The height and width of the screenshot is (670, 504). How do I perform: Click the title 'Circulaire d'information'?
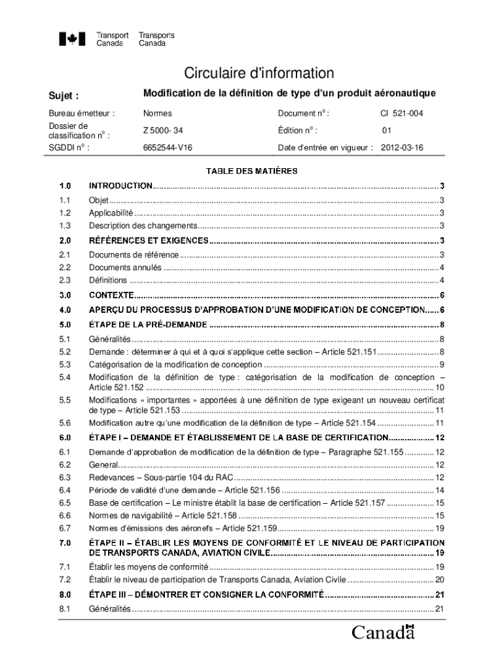(258, 73)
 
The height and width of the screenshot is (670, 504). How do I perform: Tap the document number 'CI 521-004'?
(402, 114)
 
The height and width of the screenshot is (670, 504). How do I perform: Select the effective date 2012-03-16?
(402, 148)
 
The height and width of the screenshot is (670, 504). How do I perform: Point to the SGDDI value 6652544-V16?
(168, 148)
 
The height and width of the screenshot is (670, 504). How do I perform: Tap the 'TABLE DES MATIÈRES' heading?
(252, 171)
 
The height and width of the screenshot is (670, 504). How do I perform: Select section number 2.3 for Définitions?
(64, 280)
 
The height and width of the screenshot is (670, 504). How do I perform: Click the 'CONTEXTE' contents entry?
(111, 295)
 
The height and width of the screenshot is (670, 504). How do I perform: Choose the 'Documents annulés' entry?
(125, 268)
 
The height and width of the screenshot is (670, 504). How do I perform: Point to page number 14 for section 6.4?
(440, 491)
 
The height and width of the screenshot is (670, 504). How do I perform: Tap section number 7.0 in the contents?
(64, 543)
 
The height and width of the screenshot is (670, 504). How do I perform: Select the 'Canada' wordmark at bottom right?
(383, 633)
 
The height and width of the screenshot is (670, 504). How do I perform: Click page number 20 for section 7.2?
(440, 580)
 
